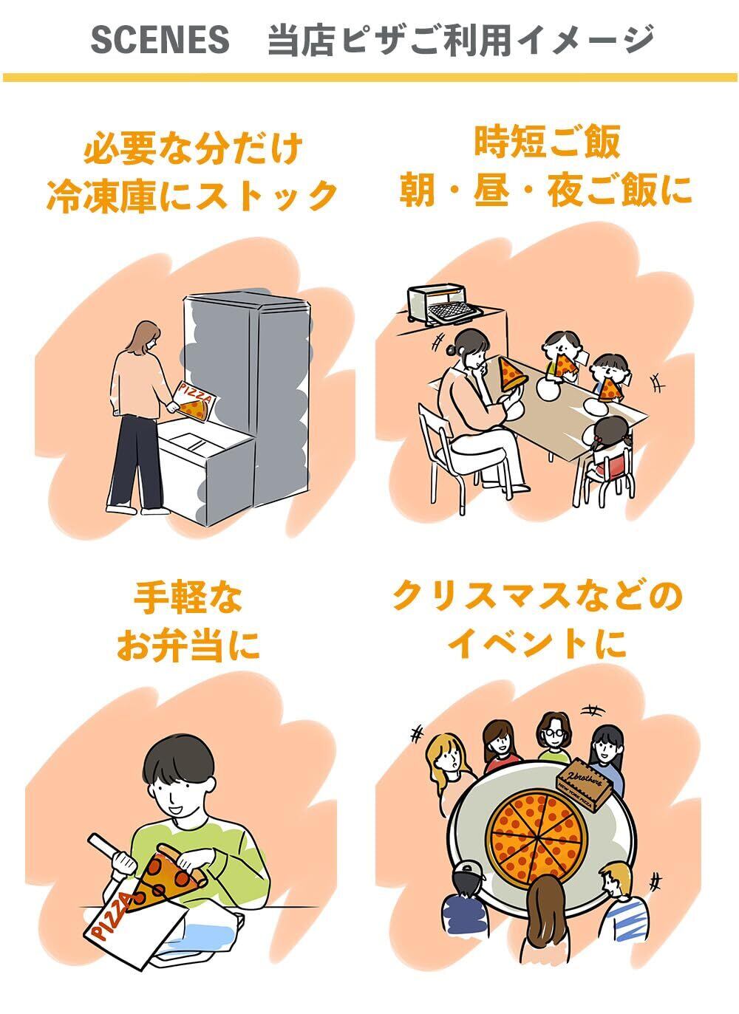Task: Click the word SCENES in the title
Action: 160,39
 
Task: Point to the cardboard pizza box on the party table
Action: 584,786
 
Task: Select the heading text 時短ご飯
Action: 547,141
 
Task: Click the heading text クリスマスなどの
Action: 537,597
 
